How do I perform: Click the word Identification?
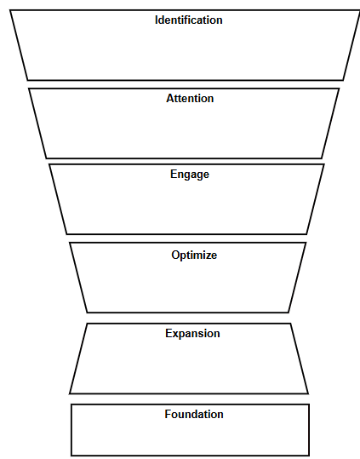[188, 20]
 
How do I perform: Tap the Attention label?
[190, 98]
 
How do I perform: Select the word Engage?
[189, 175]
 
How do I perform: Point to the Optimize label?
[194, 255]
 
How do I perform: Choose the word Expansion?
[192, 333]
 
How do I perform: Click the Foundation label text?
[194, 414]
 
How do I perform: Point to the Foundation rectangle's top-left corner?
[71, 404]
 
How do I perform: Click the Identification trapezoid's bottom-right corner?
[344, 80]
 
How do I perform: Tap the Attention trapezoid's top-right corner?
[339, 89]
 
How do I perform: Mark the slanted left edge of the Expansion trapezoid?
[78, 358]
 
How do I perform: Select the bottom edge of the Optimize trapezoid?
[187, 313]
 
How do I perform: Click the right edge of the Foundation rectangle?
[309, 430]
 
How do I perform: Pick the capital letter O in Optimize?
[175, 255]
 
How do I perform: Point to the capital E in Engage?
[174, 175]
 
